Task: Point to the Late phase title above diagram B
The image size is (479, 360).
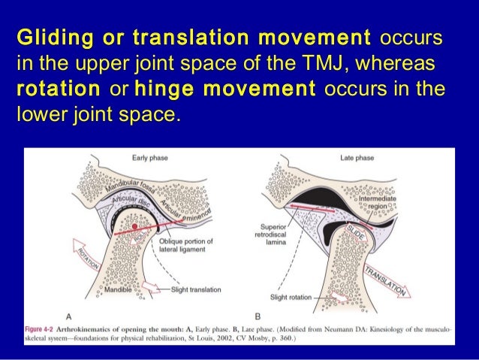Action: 357,158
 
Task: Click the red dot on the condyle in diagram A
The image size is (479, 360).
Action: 134,225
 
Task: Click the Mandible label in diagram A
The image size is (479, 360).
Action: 119,289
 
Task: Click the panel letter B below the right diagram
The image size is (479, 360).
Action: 258,316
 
